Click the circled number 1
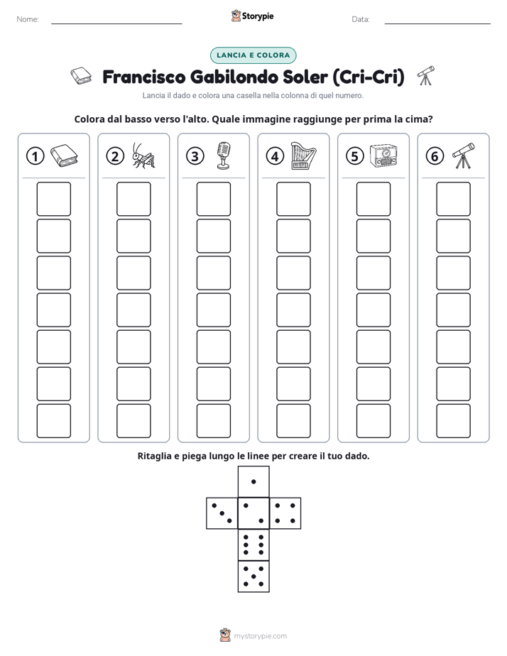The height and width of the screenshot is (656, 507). point(35,156)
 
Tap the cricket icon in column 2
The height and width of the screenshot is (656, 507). point(143,155)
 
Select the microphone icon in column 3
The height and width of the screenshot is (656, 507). point(224,155)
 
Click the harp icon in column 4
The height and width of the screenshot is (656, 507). point(303,155)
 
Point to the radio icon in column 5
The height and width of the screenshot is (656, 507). point(383,156)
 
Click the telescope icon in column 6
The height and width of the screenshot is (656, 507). point(464,155)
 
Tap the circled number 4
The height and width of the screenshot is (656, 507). point(275,156)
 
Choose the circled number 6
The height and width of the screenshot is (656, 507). point(435,156)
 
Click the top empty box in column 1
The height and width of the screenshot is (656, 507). point(53,199)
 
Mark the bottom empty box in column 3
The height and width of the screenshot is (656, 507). point(213,421)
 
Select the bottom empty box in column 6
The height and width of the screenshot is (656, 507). point(453,421)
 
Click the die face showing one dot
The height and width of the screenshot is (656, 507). point(253,481)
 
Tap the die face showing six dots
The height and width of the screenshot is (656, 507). point(253,545)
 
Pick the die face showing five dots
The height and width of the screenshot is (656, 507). point(253,576)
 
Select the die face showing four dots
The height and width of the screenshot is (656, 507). point(285,513)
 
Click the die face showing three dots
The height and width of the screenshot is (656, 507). point(222,513)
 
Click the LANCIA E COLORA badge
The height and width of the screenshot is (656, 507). point(253,55)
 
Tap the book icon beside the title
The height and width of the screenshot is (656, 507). point(81,76)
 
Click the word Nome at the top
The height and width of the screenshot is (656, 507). point(28,19)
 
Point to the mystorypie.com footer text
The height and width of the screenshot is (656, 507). point(260,636)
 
